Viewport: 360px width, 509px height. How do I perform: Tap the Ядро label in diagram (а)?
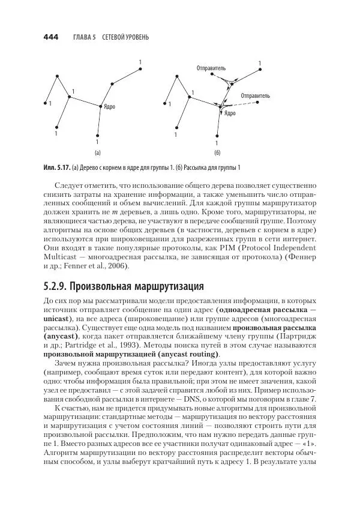tap(109, 107)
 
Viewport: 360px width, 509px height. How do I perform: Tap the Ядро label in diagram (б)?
tap(230, 113)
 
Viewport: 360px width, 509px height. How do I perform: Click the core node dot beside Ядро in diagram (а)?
tap(101, 106)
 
